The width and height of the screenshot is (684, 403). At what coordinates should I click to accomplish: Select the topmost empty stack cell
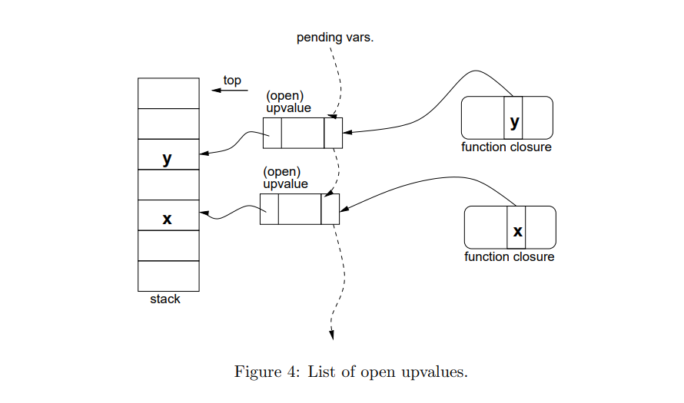[x=168, y=93]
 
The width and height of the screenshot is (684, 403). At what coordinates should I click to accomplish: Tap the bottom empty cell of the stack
[x=168, y=276]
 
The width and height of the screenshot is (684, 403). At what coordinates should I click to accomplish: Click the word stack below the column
[x=165, y=299]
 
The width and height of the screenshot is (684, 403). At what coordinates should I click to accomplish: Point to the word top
[x=232, y=80]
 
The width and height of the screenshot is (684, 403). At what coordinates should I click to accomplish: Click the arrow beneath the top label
[x=230, y=91]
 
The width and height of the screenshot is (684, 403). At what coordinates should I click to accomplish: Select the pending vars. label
[x=335, y=38]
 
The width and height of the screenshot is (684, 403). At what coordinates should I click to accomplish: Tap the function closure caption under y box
[x=506, y=147]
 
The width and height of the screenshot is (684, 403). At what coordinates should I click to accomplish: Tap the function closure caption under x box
[x=510, y=256]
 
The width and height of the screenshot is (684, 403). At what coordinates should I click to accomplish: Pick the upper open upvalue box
[x=302, y=134]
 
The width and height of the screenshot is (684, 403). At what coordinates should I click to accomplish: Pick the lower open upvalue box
[x=299, y=209]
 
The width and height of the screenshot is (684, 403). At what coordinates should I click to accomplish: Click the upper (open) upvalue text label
[x=288, y=102]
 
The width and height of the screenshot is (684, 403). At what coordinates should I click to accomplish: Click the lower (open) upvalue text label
[x=285, y=178]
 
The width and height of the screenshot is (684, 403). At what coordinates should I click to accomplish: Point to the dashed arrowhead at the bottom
[x=332, y=333]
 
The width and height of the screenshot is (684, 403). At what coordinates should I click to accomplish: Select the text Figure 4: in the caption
[x=267, y=372]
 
